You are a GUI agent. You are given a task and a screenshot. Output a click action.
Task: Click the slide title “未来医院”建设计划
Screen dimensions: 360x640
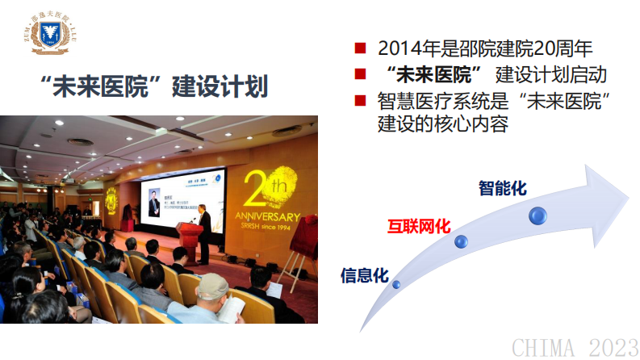[x=153, y=86]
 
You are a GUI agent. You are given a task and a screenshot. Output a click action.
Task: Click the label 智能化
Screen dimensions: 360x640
[x=502, y=188]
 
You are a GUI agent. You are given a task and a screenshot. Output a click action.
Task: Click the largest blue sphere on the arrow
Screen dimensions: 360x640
[x=538, y=215]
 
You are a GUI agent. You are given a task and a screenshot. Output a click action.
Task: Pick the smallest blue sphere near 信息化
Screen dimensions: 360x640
[x=395, y=283]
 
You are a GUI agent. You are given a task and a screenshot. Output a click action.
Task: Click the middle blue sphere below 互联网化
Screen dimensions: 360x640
[x=461, y=241]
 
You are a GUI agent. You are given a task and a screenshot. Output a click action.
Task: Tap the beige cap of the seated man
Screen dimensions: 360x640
[x=214, y=282]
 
